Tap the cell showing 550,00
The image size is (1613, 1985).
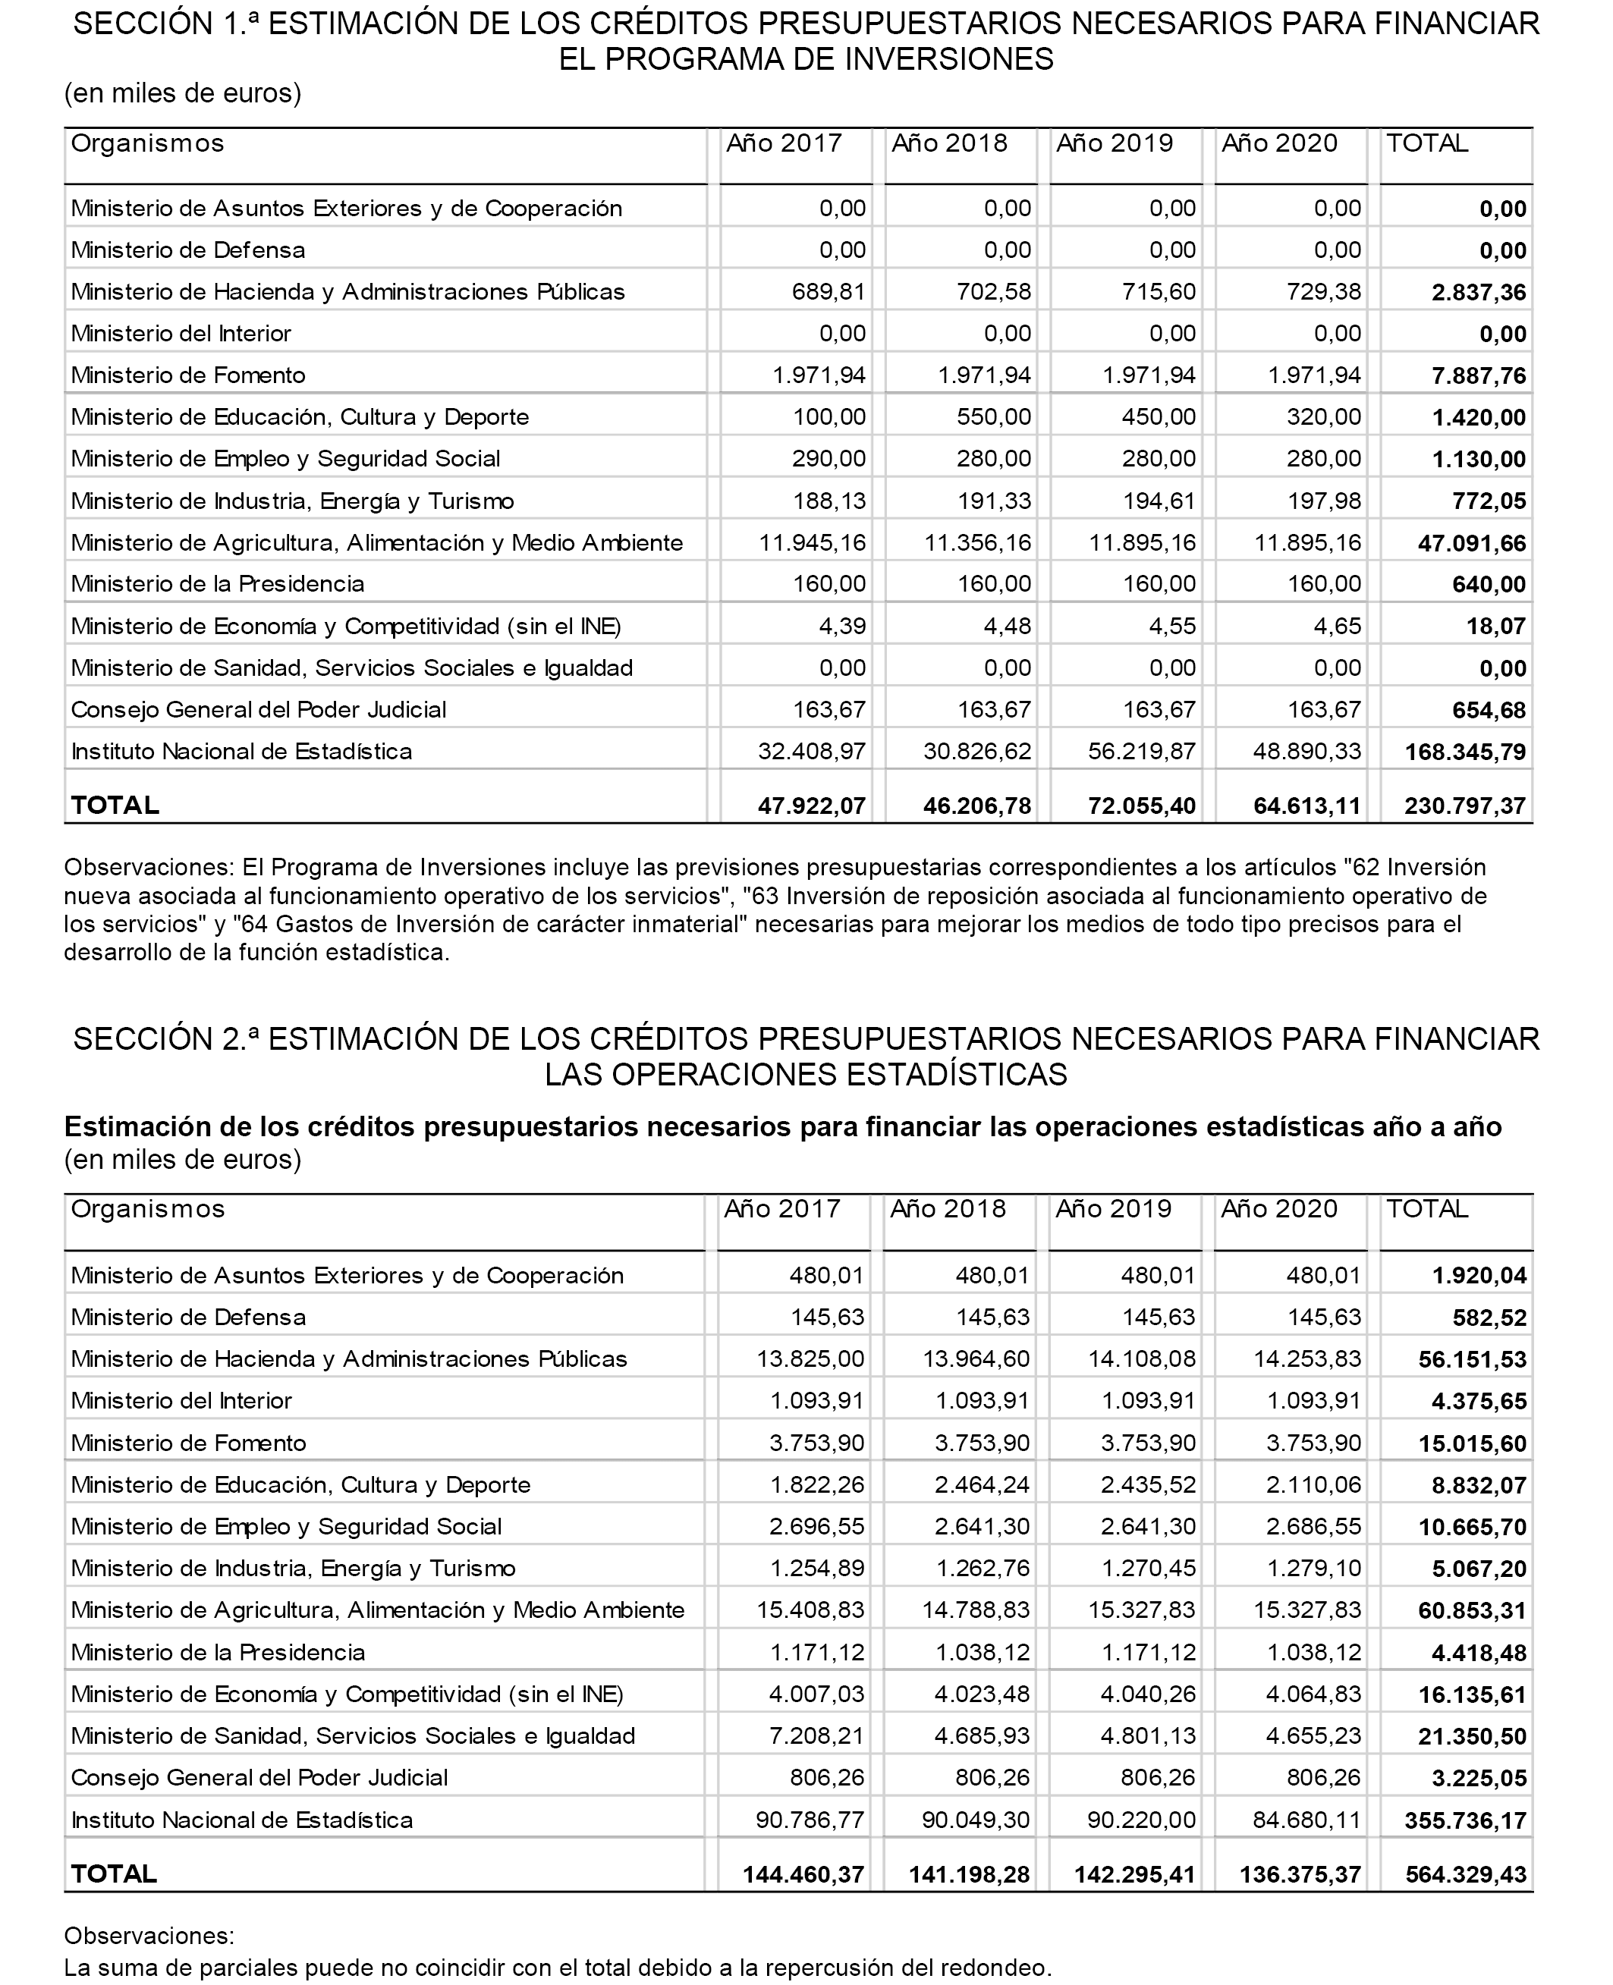click(x=993, y=417)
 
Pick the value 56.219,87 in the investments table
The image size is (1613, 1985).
click(x=1142, y=752)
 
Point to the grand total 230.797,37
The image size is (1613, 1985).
click(x=1465, y=806)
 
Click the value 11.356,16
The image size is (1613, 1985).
click(x=977, y=542)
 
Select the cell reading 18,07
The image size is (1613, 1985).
click(x=1496, y=626)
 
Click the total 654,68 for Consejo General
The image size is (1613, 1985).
click(x=1489, y=711)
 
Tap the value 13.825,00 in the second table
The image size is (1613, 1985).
click(x=810, y=1359)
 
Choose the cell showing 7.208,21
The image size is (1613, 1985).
click(x=816, y=1736)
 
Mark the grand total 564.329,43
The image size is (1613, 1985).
click(x=1465, y=1874)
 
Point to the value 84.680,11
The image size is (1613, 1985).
click(x=1306, y=1820)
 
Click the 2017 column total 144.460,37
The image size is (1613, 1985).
click(x=803, y=1874)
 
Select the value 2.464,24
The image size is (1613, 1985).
click(x=982, y=1485)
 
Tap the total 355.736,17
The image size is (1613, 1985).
click(x=1465, y=1820)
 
